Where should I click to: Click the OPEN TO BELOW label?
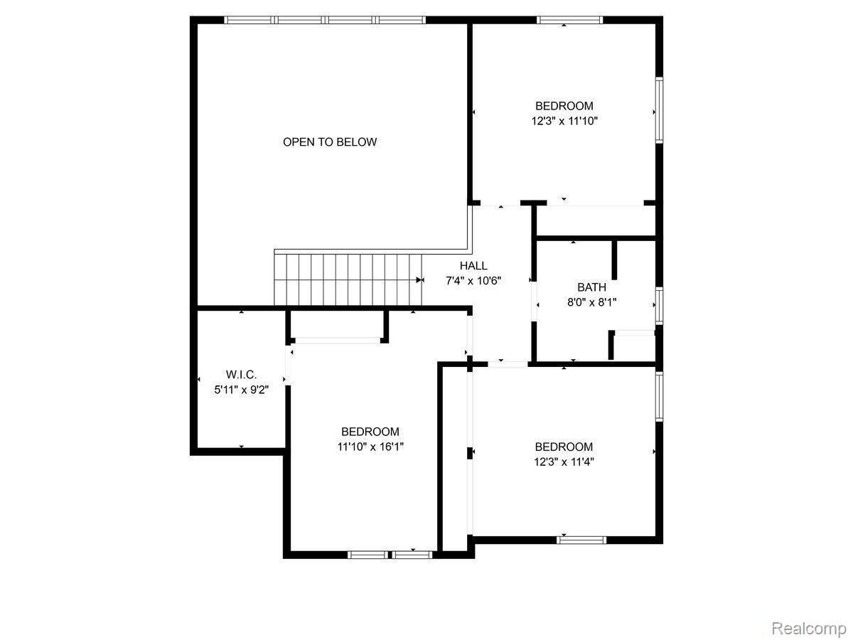coord(330,142)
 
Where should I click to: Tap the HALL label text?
coord(473,265)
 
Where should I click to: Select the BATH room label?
coord(591,287)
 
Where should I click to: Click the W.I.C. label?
coord(241,374)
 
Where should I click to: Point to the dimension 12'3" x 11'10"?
coord(564,121)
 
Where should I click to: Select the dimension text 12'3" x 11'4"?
coord(564,462)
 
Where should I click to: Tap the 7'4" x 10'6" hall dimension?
coord(473,280)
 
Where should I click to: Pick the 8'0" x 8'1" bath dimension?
coord(591,302)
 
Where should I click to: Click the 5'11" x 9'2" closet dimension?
coord(241,389)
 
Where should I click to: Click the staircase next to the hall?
coord(345,279)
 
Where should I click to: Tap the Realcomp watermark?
coord(808,629)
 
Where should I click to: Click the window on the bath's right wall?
coord(659,305)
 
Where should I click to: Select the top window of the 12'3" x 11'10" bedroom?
coord(569,20)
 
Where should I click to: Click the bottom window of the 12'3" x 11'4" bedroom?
coord(581,540)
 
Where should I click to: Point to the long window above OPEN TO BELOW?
coord(325,20)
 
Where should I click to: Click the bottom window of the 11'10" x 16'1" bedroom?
coord(390,554)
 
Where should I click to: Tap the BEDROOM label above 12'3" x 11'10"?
coord(564,106)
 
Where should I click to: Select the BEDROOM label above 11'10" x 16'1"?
coord(370,432)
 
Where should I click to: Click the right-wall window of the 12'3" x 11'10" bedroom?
coord(659,110)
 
